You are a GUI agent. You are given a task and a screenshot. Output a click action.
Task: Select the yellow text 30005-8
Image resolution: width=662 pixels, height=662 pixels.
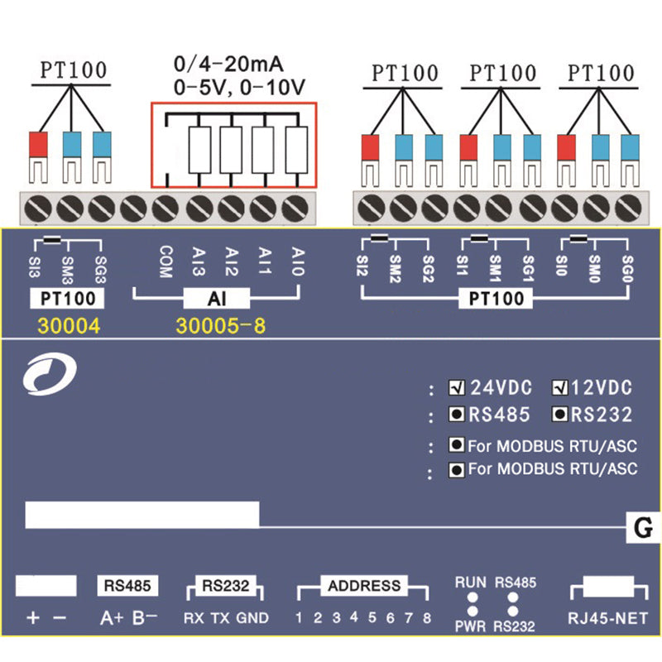[x=220, y=327]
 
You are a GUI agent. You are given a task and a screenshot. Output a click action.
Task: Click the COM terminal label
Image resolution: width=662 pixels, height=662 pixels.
[x=166, y=261]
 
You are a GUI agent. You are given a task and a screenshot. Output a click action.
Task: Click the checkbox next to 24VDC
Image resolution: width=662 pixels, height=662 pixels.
[x=456, y=387]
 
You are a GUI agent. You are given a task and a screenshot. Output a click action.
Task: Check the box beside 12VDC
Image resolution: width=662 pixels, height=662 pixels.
[x=561, y=387]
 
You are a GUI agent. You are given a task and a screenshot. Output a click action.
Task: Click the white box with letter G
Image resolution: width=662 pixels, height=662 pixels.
[x=644, y=526]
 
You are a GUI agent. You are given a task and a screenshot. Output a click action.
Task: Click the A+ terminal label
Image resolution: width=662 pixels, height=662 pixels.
[x=112, y=617]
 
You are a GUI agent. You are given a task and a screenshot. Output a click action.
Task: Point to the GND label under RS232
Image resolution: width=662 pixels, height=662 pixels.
[x=252, y=617]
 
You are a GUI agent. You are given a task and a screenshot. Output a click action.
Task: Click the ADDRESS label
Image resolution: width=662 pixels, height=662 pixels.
[x=364, y=587]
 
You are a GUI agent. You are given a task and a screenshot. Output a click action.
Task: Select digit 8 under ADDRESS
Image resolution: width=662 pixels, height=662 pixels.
[x=427, y=617]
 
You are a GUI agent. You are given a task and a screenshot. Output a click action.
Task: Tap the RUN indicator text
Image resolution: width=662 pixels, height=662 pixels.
[x=469, y=583]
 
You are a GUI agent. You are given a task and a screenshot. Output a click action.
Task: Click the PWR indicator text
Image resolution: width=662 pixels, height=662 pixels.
[x=469, y=627]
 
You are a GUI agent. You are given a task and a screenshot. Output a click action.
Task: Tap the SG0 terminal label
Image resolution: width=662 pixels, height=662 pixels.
[x=626, y=269]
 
